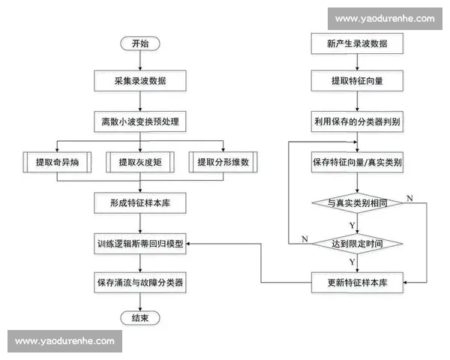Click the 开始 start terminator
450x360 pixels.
[139, 43]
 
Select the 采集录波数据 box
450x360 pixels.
[139, 79]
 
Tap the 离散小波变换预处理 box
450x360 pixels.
[139, 121]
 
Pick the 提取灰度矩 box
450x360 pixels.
[139, 162]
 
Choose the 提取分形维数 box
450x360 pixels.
[222, 162]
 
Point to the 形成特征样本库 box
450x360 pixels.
[139, 202]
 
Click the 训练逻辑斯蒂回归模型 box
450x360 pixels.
[139, 244]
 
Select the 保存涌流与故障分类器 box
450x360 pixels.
[139, 283]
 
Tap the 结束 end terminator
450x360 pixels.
[139, 319]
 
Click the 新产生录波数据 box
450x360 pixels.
[357, 43]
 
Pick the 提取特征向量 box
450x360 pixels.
[357, 79]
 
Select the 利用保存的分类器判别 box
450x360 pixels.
[357, 121]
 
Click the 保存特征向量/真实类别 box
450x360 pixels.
[357, 162]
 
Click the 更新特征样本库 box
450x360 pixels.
[357, 283]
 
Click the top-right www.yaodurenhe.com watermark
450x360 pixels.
[385, 19]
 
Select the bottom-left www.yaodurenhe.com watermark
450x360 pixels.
[64, 341]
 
